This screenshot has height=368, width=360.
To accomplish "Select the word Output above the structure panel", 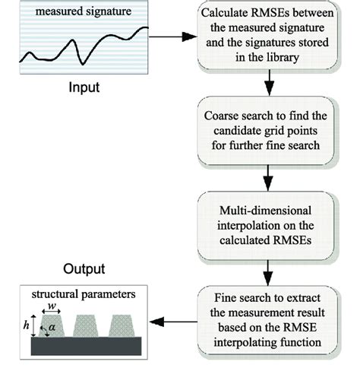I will pyautogui.click(x=84, y=269).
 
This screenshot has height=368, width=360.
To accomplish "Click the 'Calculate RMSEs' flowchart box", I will pyautogui.click(x=267, y=38).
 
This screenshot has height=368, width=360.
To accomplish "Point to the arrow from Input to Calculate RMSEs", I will pyautogui.click(x=175, y=36).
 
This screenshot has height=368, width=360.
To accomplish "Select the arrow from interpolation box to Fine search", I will pyautogui.click(x=268, y=271).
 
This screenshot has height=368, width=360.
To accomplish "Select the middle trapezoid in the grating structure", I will pyautogui.click(x=85, y=326).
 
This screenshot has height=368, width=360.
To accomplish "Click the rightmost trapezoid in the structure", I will pyautogui.click(x=124, y=326).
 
